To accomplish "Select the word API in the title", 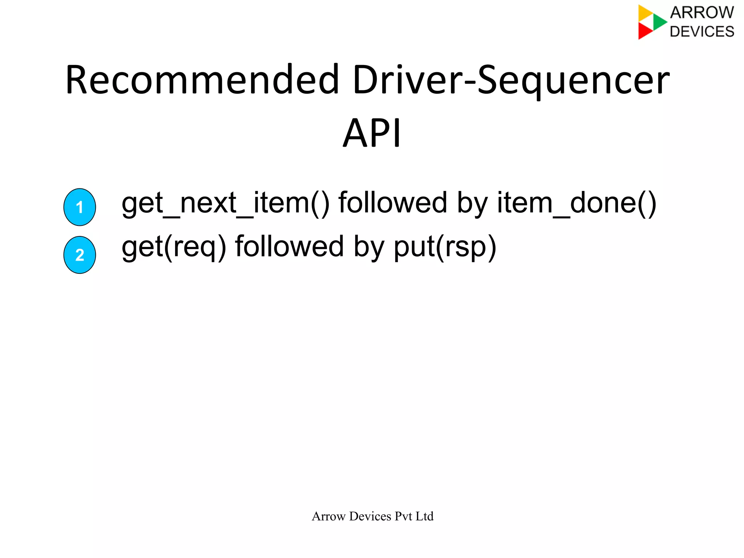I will coord(372,133).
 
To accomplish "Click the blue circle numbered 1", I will coord(80,207).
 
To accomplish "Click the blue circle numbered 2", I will coord(80,255).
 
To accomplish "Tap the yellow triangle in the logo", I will coord(645,13).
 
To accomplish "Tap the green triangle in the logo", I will coord(659,22).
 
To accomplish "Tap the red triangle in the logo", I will coord(644,31).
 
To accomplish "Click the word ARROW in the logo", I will coord(701,13).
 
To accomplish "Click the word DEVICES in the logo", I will coord(701,32).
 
